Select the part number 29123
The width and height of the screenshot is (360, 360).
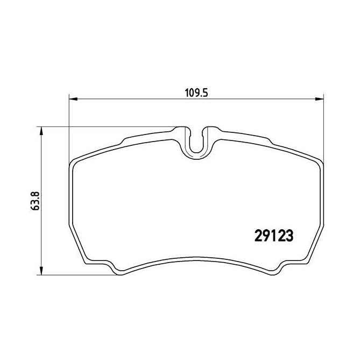click(x=273, y=237)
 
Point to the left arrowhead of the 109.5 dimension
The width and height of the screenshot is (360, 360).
click(x=74, y=98)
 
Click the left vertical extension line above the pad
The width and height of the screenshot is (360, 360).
click(x=70, y=129)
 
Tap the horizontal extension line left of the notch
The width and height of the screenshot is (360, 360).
click(x=108, y=127)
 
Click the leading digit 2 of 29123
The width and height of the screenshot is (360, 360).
click(x=257, y=237)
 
